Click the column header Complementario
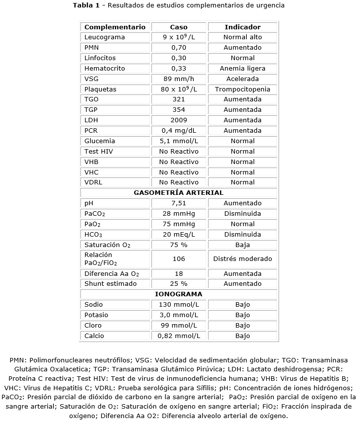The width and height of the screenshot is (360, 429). (115, 27)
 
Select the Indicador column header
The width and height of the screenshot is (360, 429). (242, 27)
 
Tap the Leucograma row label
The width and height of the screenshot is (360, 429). (105, 37)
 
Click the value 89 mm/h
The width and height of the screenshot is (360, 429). (178, 79)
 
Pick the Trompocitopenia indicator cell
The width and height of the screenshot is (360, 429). (242, 89)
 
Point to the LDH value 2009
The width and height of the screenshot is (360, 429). (178, 120)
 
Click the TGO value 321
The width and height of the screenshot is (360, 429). (178, 99)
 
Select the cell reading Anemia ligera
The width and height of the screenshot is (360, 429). (242, 69)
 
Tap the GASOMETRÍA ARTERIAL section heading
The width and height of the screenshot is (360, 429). (179, 192)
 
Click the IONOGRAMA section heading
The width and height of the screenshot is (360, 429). (179, 294)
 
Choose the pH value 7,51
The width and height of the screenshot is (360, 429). (178, 203)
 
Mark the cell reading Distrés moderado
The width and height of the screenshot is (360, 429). (242, 258)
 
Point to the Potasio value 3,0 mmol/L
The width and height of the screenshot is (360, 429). (178, 315)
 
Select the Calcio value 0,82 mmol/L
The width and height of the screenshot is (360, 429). (178, 336)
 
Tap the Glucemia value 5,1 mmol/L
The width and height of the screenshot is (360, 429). (178, 141)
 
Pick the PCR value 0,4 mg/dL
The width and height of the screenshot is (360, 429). (178, 130)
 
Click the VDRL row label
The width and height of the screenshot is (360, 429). (93, 182)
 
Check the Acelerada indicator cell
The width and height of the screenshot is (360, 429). (242, 79)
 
